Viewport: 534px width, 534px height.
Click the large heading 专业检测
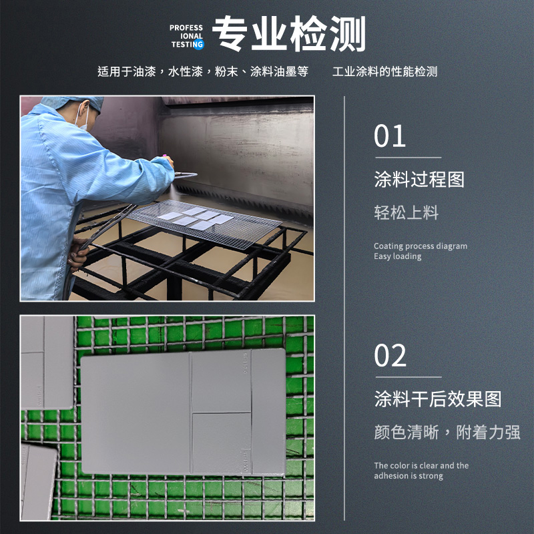point(289,33)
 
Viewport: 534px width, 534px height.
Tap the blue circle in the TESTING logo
point(198,44)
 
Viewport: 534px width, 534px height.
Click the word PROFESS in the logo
point(186,27)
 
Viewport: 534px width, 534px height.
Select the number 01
point(390,136)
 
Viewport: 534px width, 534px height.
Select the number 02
point(390,355)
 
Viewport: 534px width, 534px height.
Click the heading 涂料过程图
point(419,179)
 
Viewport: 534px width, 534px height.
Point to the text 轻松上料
point(406,212)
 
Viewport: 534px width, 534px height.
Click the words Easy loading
point(397,256)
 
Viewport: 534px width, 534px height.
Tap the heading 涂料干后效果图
point(438,398)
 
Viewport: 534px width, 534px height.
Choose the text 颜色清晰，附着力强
point(447,432)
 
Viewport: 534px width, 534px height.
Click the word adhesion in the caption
point(389,475)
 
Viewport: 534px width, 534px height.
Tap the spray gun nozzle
point(186,175)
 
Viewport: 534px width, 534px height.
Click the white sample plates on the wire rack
point(196,218)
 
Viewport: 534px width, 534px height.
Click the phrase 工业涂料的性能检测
point(385,71)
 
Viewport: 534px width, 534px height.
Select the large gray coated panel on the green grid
point(183,411)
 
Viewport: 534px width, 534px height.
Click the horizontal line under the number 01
point(409,158)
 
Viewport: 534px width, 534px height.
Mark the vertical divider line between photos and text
point(344,308)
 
